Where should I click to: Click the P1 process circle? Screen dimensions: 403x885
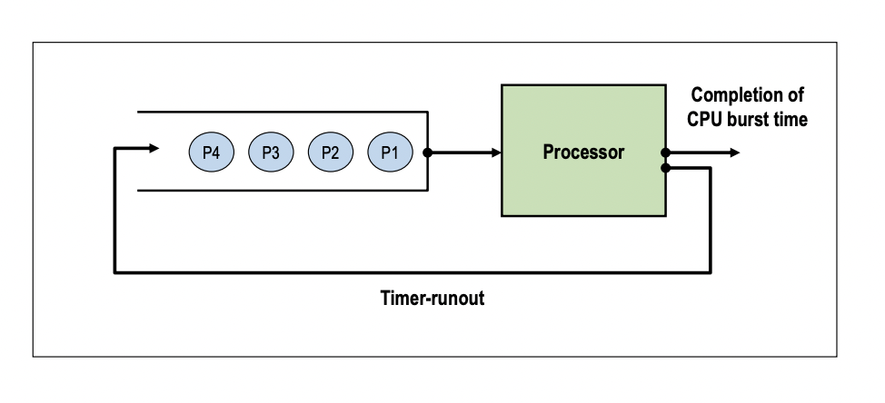click(390, 152)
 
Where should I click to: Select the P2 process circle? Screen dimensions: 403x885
click(330, 152)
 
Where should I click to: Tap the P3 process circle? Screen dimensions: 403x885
click(271, 152)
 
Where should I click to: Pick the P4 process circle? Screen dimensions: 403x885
click(212, 152)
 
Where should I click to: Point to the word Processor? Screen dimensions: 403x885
click(583, 152)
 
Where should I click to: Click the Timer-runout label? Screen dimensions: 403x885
click(432, 300)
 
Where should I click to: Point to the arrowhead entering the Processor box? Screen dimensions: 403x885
click(495, 152)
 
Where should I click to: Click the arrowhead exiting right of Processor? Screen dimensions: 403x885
click(733, 152)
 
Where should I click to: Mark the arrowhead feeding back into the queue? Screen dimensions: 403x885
click(154, 147)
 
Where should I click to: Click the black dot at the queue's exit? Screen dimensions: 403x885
click(428, 152)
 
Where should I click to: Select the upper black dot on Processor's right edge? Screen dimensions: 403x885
click(667, 152)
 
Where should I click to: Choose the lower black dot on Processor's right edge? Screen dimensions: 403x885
click(667, 168)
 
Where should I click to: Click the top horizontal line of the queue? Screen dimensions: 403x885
click(282, 112)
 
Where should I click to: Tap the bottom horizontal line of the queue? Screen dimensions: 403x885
click(282, 192)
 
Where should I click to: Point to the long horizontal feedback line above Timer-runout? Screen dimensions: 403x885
click(409, 270)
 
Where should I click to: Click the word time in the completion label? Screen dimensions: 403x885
click(791, 119)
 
